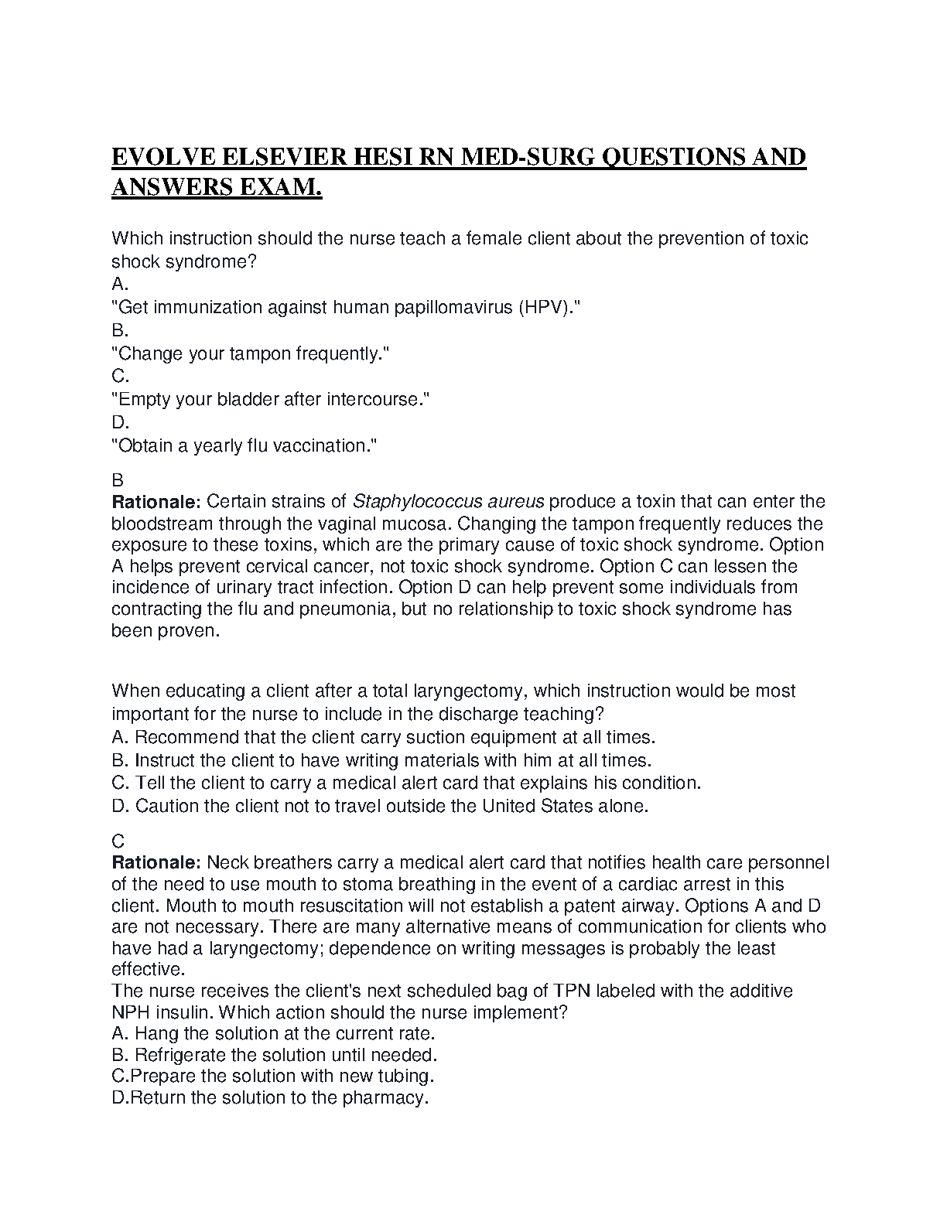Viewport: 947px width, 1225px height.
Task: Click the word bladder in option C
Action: click(x=248, y=399)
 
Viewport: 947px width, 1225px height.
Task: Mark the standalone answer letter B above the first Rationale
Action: click(x=118, y=480)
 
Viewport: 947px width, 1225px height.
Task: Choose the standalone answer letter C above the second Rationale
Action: click(x=118, y=841)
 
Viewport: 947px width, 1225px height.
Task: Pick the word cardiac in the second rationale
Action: click(x=649, y=884)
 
